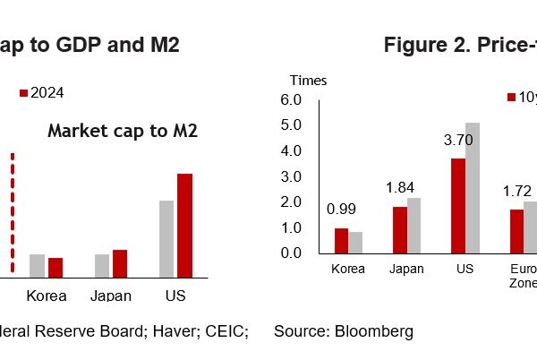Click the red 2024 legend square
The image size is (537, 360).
24,92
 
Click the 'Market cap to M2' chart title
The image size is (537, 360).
123,132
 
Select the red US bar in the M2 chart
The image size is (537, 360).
184,225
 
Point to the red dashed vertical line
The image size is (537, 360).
13,213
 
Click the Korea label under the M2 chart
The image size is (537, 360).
47,296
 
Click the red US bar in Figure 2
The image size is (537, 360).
458,205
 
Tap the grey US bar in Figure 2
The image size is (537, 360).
473,187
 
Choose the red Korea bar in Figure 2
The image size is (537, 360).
340,240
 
